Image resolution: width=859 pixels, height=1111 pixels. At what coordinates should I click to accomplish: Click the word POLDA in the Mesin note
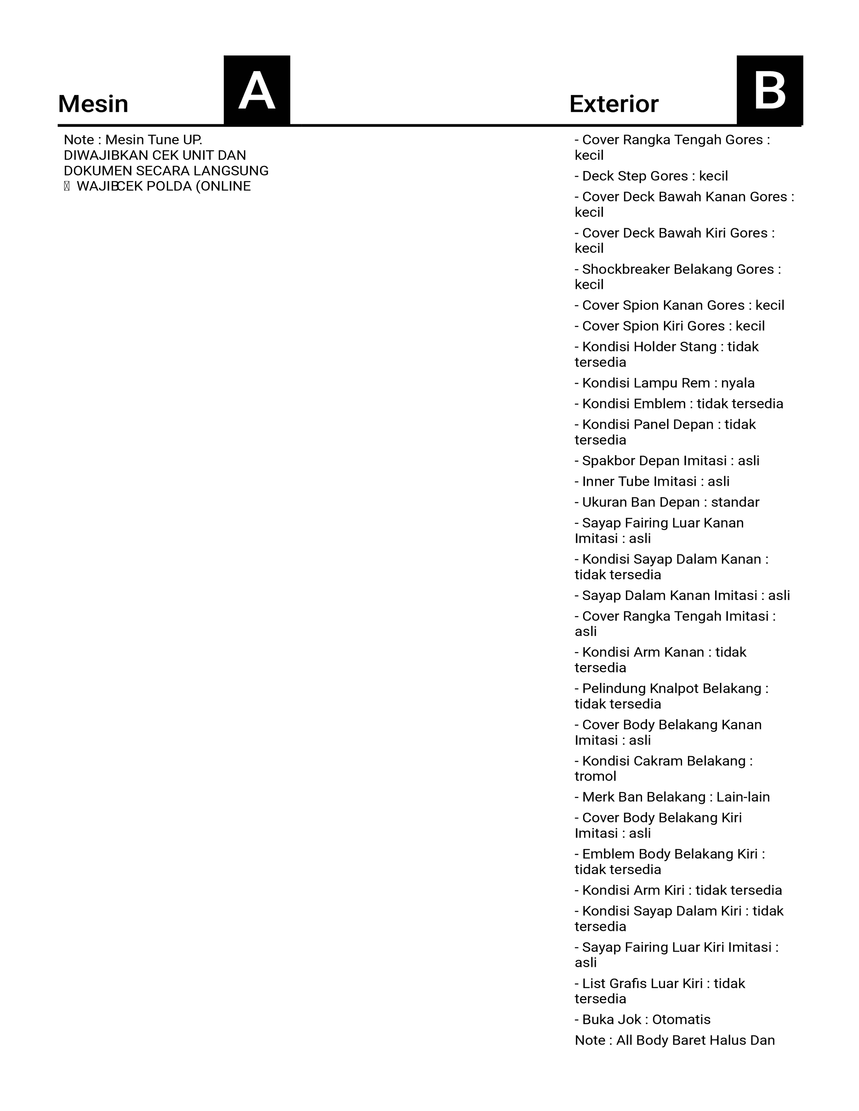coord(169,186)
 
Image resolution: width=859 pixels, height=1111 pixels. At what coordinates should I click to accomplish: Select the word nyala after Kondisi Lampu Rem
coord(737,383)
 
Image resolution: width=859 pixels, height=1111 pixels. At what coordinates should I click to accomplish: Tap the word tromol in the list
coord(595,776)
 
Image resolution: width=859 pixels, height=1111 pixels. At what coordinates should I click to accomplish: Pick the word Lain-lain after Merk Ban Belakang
coord(743,797)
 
